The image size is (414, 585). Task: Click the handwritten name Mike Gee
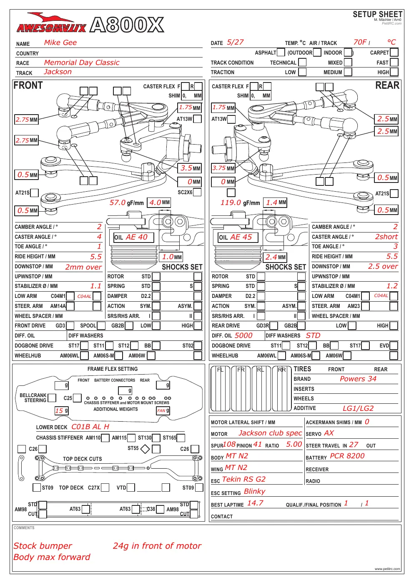click(60, 42)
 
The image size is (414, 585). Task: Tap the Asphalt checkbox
click(281, 52)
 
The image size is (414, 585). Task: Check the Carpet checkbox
click(394, 52)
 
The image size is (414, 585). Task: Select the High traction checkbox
click(394, 72)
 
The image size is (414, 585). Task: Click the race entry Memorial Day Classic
click(82, 62)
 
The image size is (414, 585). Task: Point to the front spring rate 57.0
click(117, 202)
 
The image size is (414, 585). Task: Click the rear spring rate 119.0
click(231, 202)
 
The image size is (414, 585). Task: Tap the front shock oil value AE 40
click(137, 237)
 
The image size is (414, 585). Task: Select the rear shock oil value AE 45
click(241, 237)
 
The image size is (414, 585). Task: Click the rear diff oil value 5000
click(243, 335)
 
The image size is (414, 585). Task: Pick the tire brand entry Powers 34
click(358, 379)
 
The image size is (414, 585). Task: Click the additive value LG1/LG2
click(358, 408)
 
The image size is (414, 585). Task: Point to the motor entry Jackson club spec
click(270, 433)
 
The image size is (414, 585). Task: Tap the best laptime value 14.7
click(255, 503)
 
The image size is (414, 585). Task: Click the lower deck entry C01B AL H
click(90, 427)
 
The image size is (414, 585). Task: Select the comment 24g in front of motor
click(157, 546)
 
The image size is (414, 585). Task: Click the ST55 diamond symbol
click(145, 449)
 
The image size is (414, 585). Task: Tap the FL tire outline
click(220, 388)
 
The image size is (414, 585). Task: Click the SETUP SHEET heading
click(377, 14)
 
